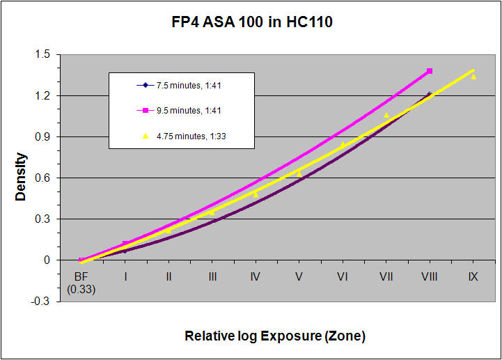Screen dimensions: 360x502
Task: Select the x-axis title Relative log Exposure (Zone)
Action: pyautogui.click(x=274, y=336)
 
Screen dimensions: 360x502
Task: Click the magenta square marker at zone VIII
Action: pyautogui.click(x=430, y=71)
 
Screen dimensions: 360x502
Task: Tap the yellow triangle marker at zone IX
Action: pyautogui.click(x=473, y=77)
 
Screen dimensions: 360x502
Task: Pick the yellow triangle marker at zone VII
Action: pyautogui.click(x=386, y=115)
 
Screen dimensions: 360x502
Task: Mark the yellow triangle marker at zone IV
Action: pyautogui.click(x=256, y=194)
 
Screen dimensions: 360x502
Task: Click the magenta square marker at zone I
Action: pyautogui.click(x=125, y=244)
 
